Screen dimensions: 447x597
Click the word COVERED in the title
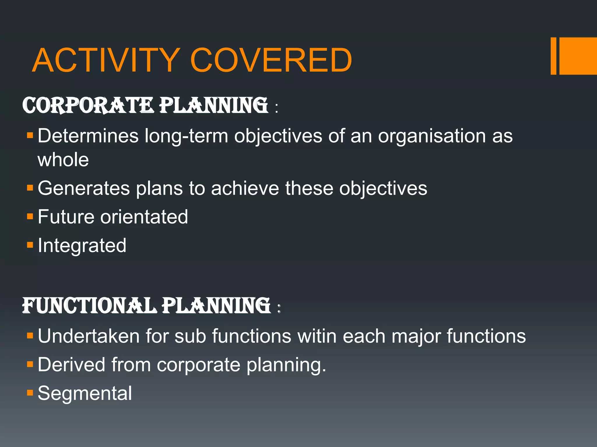(271, 60)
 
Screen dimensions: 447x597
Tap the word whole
(63, 160)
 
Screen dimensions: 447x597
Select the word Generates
(84, 188)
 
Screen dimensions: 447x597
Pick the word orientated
(144, 217)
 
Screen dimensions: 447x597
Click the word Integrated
(82, 246)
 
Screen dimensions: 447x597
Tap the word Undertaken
(89, 336)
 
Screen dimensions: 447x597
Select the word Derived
(71, 365)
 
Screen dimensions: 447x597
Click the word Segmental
(85, 394)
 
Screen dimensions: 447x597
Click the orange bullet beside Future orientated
(30, 217)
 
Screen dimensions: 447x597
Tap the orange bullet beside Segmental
(30, 393)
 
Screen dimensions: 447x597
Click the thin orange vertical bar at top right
(553, 56)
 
